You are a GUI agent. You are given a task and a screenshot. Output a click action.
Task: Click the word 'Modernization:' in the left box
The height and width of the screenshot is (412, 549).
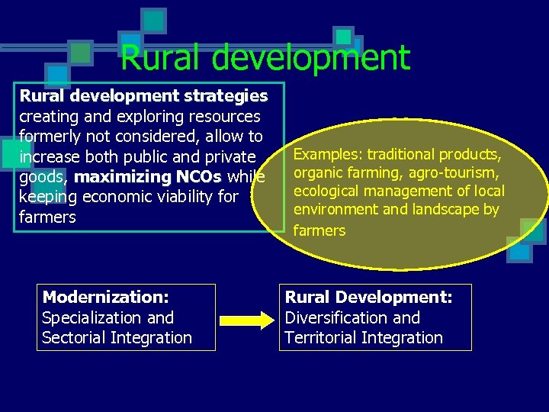point(105,297)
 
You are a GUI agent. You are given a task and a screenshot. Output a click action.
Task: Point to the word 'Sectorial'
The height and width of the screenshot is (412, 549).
point(75,337)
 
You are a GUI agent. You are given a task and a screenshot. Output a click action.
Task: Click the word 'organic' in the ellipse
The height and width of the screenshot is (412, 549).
point(317,173)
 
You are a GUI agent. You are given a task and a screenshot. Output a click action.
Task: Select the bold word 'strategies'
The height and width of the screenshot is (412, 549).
point(231,96)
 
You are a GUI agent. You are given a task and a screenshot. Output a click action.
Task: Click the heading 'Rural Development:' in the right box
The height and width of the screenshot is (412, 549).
point(368,297)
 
